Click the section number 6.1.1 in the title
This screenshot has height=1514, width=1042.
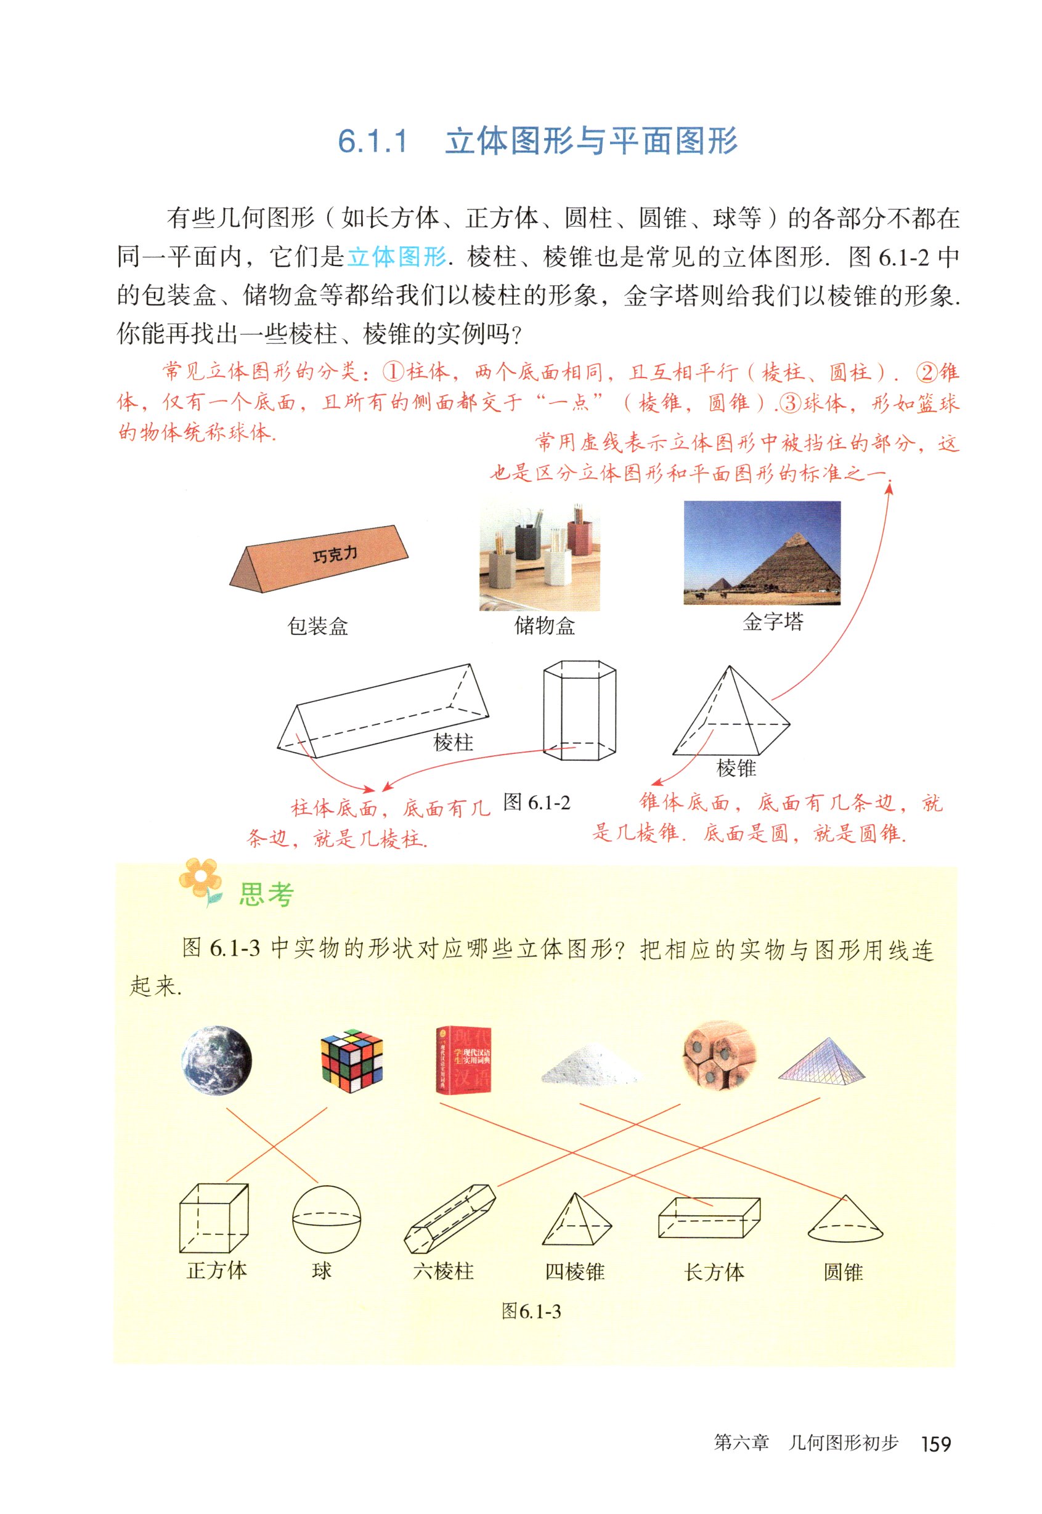(373, 142)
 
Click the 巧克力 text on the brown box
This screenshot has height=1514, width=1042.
(335, 555)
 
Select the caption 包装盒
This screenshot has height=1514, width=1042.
(318, 626)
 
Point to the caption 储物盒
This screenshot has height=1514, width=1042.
(545, 626)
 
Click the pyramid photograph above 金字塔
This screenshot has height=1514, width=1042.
(762, 553)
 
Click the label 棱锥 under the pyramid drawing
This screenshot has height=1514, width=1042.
(736, 768)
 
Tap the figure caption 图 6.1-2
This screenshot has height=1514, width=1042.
(537, 803)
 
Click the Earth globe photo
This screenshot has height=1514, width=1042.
(216, 1060)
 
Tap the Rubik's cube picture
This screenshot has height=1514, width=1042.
(352, 1061)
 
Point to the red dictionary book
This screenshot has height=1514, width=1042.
(463, 1060)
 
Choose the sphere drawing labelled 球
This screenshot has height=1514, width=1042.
(326, 1219)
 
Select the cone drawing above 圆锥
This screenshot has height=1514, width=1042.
(845, 1218)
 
